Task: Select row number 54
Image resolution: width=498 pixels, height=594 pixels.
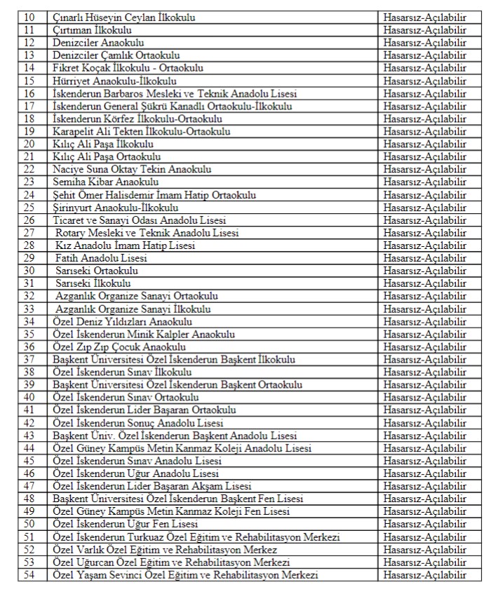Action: (29, 575)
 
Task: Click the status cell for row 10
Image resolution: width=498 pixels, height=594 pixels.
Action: (424, 17)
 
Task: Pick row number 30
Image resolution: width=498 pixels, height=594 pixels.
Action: (29, 271)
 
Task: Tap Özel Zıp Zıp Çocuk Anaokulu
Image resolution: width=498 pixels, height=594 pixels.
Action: (119, 346)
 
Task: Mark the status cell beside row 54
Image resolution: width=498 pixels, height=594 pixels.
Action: (424, 575)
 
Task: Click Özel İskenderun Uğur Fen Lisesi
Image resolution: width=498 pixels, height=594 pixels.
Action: (126, 524)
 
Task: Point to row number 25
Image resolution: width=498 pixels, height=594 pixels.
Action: (29, 207)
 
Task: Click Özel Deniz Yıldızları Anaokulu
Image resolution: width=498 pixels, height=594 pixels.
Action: (123, 321)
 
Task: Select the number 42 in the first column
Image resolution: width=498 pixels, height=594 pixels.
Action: (29, 423)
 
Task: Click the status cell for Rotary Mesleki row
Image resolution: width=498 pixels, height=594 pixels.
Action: (424, 233)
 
